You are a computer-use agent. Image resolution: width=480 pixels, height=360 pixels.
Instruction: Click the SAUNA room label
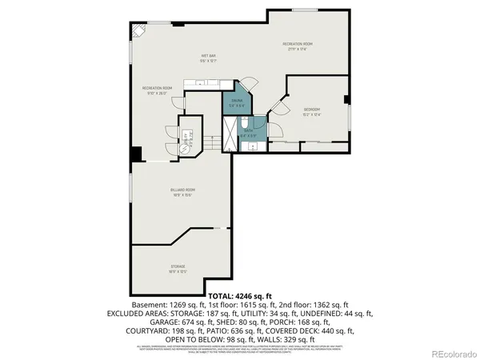(236, 101)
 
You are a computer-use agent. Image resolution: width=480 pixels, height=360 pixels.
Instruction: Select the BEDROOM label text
(311, 109)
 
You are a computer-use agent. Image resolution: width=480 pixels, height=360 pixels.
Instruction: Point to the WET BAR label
(209, 57)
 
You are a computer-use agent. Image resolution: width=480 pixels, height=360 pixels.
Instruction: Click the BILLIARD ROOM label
(182, 190)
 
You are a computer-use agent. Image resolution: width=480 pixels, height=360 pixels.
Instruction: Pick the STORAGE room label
(178, 266)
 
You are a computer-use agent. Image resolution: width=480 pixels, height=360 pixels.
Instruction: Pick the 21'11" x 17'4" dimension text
(297, 49)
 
